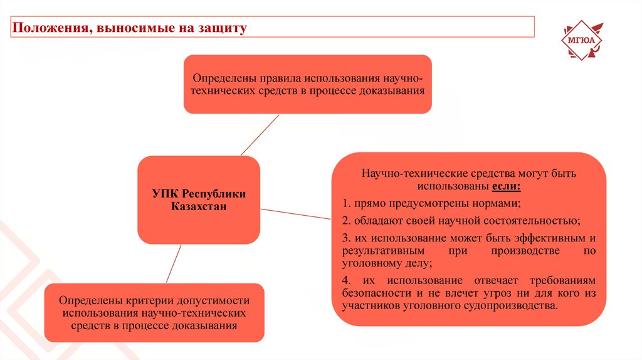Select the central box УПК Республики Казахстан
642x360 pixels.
(x=199, y=199)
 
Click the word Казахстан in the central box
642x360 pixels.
(x=199, y=206)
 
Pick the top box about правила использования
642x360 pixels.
(x=308, y=84)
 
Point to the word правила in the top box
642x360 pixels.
(x=279, y=78)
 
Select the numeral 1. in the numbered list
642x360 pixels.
(x=346, y=203)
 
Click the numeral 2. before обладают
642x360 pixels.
(x=346, y=221)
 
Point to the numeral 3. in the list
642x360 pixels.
(x=346, y=238)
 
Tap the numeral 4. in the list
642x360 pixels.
(x=347, y=280)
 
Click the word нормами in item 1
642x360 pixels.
(x=498, y=203)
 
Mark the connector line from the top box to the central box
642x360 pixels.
(x=260, y=135)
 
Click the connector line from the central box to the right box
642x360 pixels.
(x=295, y=214)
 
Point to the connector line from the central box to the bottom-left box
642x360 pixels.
(x=174, y=263)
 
